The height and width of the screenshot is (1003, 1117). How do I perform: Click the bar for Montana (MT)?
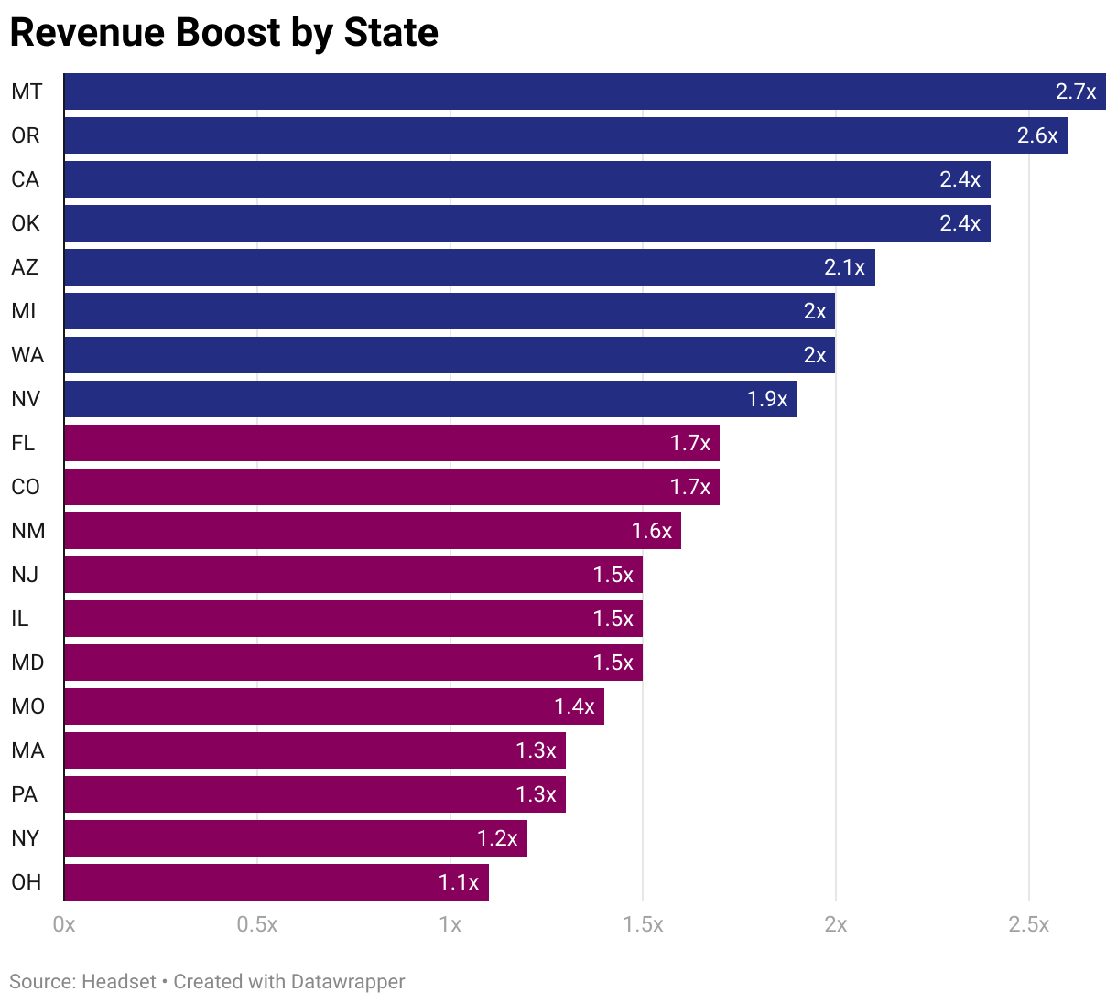tap(549, 92)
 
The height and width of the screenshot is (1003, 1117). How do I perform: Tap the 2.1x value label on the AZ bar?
tap(844, 267)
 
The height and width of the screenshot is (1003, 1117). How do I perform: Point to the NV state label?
tap(26, 399)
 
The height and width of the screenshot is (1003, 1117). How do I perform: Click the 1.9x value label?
tap(767, 399)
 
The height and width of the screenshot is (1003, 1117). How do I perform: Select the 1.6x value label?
tap(652, 531)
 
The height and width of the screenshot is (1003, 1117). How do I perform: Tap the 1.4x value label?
tap(574, 706)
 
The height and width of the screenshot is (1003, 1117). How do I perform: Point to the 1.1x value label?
tap(459, 882)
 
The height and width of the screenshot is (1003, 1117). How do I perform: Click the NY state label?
tap(26, 838)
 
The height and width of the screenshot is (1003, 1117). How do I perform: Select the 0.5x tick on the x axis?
tap(257, 924)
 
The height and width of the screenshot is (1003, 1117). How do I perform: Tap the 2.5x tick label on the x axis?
tap(1028, 924)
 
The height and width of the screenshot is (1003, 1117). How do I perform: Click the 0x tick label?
tap(64, 924)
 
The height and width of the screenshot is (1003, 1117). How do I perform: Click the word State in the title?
tap(391, 32)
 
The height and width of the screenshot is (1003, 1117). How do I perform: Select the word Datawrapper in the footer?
tap(347, 982)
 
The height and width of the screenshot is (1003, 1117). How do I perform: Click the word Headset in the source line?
tap(119, 982)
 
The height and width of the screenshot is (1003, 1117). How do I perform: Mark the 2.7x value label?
tap(1076, 92)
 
